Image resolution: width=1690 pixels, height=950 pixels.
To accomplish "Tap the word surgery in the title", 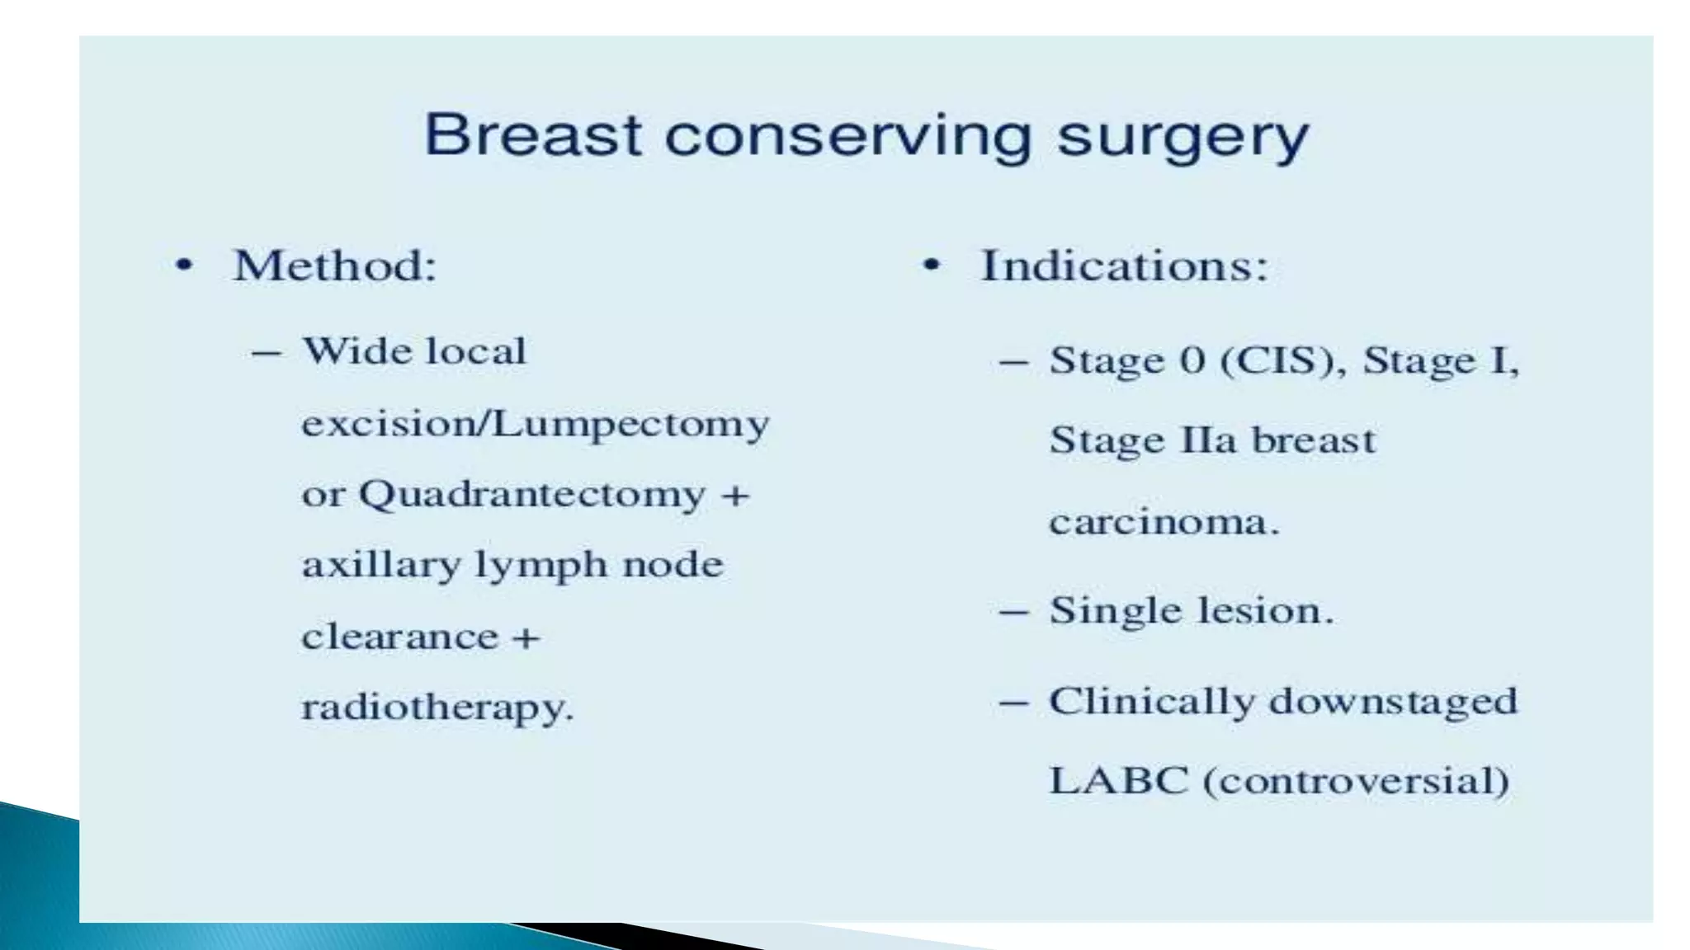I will pos(1183,139).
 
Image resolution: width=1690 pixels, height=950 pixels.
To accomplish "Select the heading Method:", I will pos(334,266).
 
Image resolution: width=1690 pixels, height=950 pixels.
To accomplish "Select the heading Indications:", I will pos(1124,266).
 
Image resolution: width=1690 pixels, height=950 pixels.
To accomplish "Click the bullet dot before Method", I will pos(184,266).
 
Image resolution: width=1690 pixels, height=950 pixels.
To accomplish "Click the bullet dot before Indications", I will pos(931,266).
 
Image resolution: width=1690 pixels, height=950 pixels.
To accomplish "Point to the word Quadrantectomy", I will pos(532,496).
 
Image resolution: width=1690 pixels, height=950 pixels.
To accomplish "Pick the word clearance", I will pos(399,637).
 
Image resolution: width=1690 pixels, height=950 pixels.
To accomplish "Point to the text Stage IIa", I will pos(1143,440).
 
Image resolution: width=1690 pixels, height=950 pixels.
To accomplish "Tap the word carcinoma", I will pos(1163,522).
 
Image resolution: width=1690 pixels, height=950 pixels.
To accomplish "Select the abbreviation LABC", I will pos(1118,780).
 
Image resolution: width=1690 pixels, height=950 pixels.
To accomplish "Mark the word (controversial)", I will pos(1357,780).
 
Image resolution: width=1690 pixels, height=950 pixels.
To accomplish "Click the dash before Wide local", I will pos(267,353).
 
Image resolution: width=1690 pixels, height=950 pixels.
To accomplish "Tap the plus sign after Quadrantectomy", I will pos(734,496).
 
